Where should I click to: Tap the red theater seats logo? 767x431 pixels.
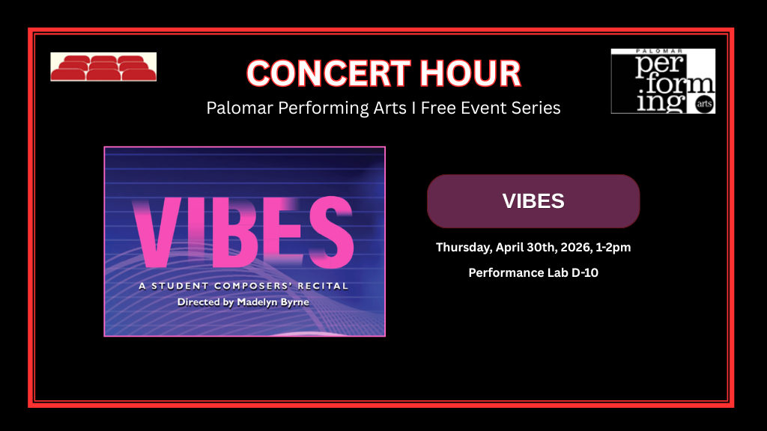pos(103,67)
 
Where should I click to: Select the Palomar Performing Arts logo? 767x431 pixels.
pos(663,81)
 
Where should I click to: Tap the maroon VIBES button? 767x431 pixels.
pos(533,201)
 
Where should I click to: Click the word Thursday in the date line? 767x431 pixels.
pos(464,248)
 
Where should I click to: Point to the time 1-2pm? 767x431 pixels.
pos(613,248)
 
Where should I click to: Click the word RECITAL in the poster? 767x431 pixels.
pos(323,286)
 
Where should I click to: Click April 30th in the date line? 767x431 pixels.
pos(527,248)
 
